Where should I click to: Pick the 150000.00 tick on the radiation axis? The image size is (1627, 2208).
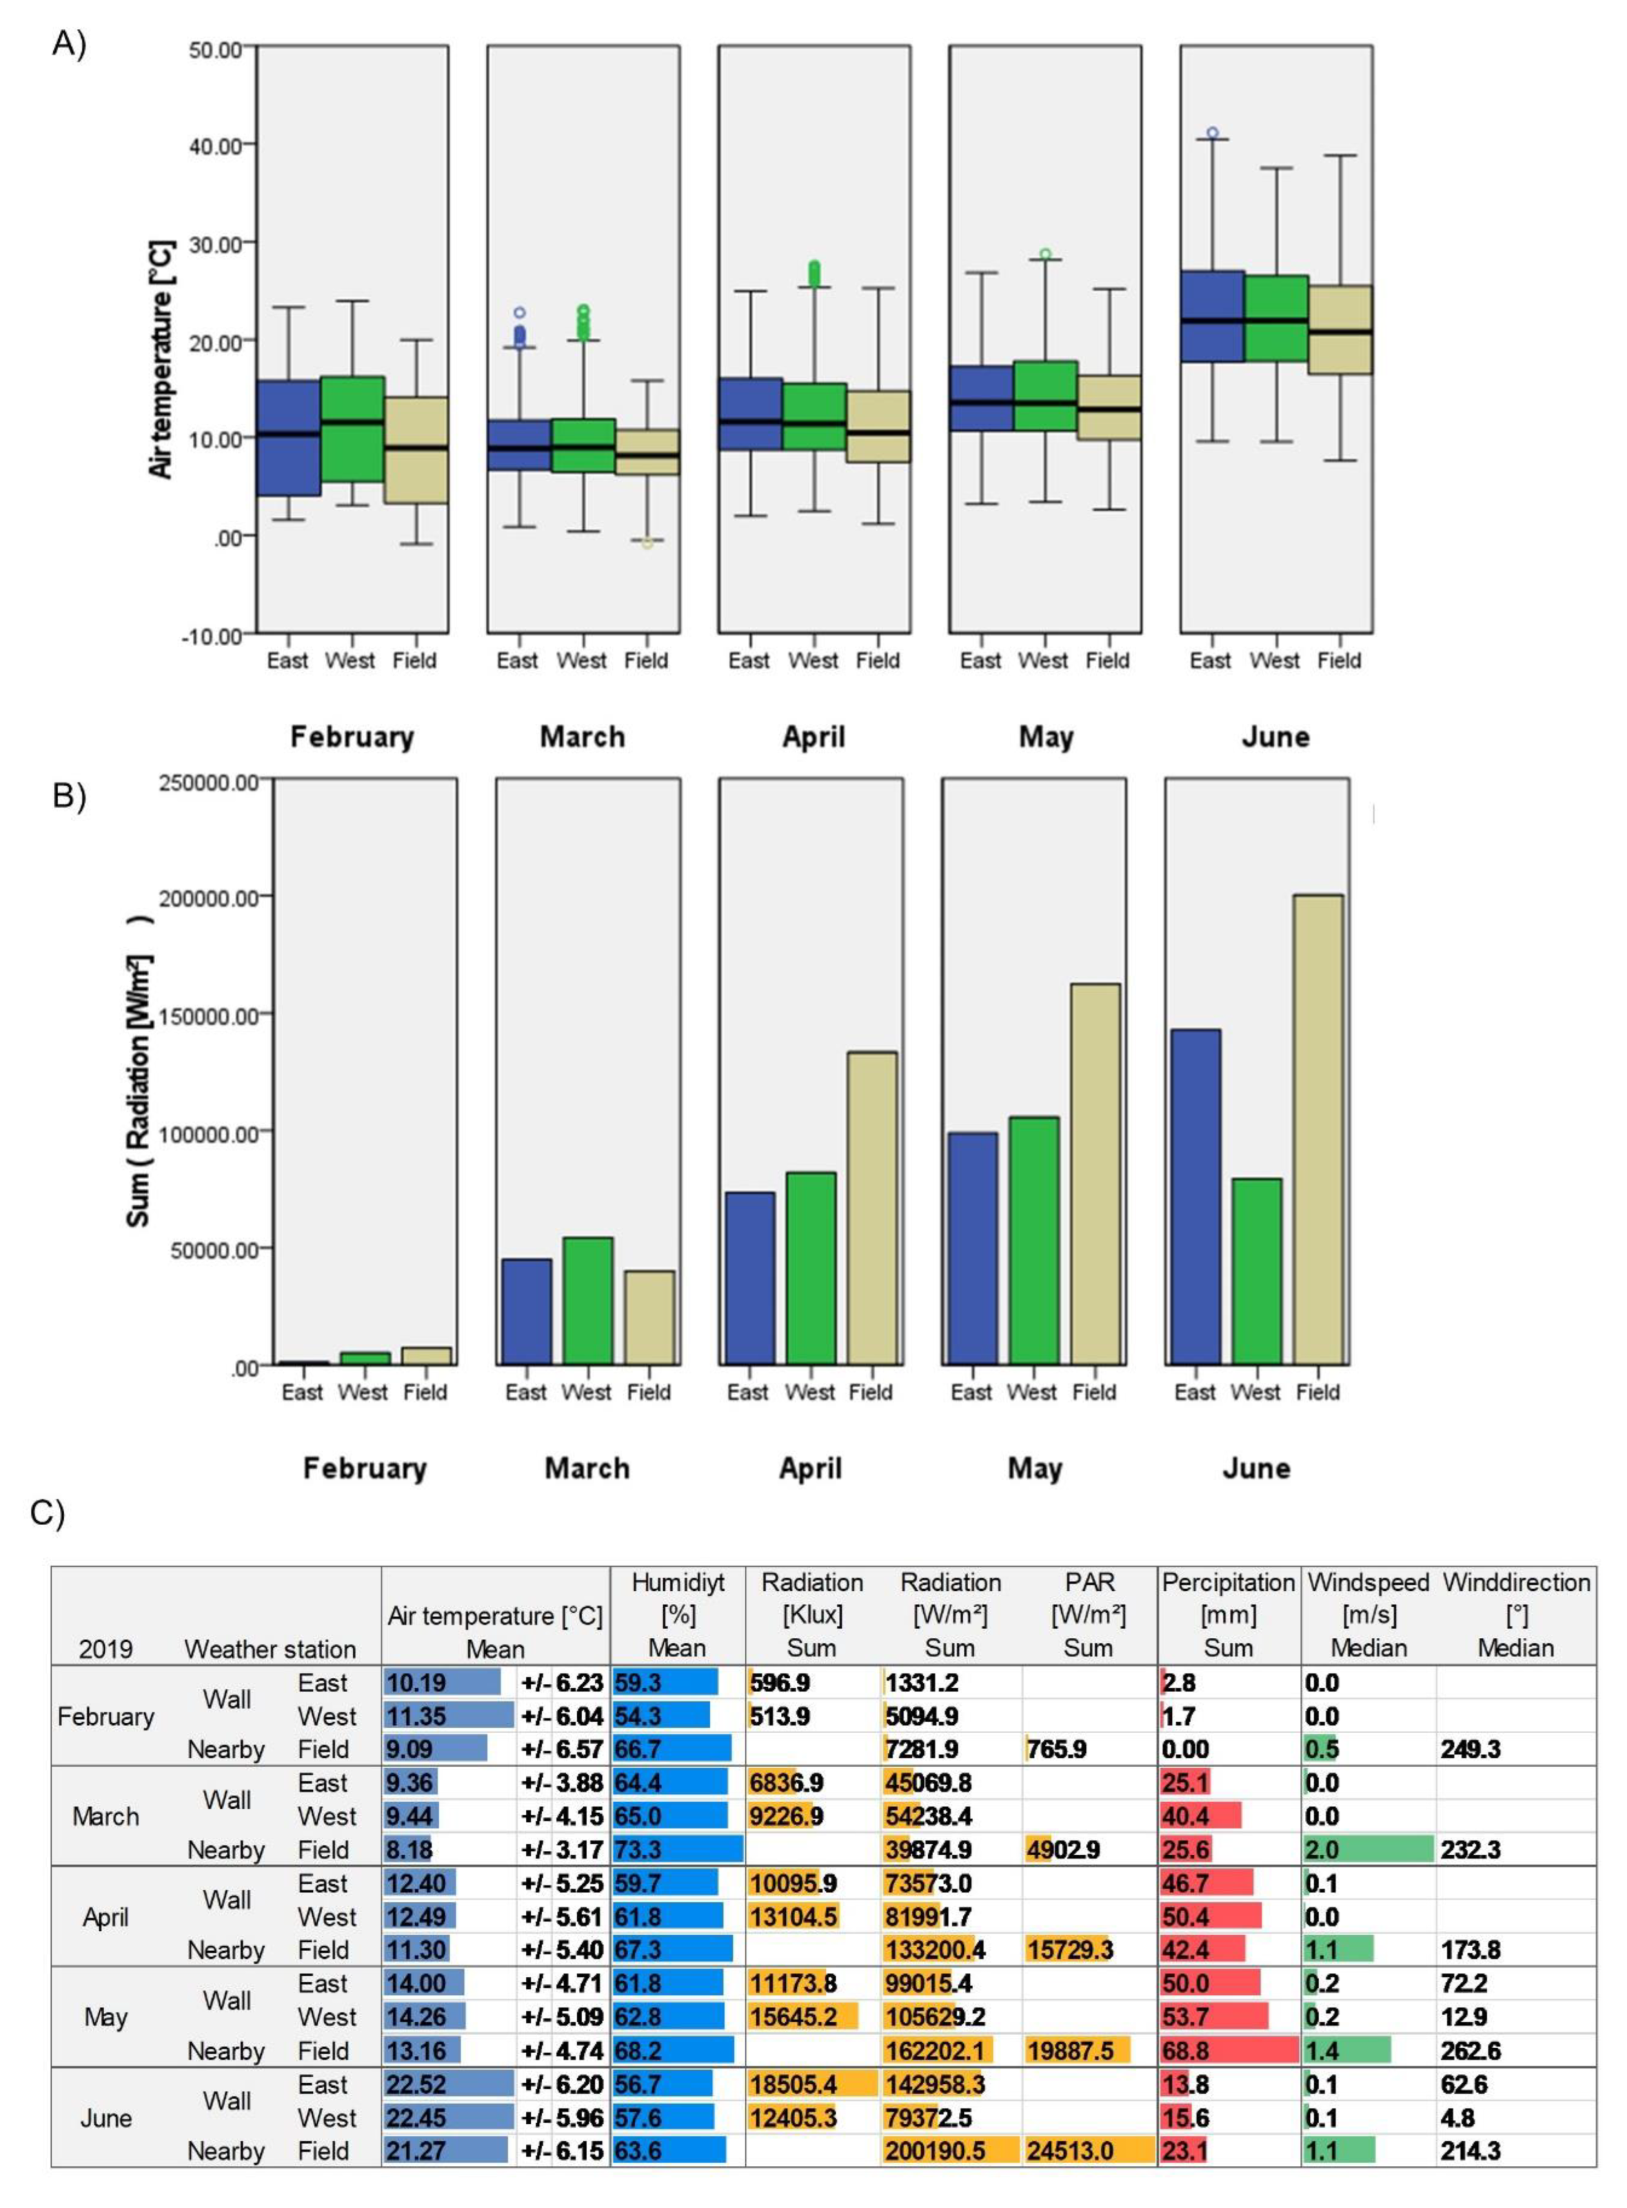pos(208,1014)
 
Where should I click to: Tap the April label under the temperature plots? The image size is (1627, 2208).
pos(813,737)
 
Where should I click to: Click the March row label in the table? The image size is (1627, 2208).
pos(105,1816)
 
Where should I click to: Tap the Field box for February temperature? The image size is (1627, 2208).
pos(415,450)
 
